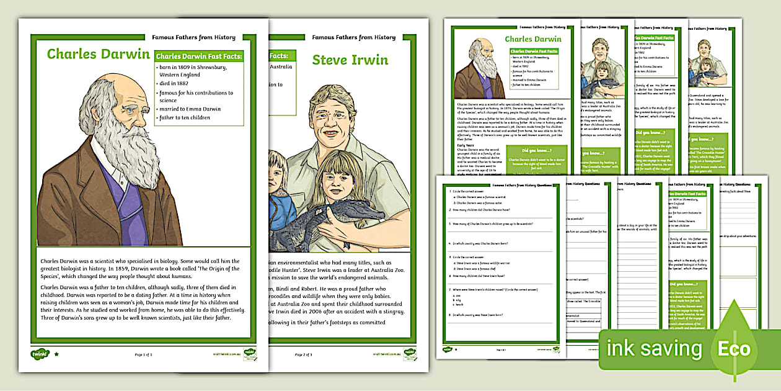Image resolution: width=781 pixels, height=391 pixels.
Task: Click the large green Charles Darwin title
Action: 98,53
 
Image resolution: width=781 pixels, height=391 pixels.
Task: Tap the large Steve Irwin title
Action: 350,60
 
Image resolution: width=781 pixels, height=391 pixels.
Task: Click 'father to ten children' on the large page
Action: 185,117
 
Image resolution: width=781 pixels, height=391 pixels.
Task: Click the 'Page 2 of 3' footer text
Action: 303,354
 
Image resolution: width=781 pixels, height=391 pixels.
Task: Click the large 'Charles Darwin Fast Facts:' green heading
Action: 199,56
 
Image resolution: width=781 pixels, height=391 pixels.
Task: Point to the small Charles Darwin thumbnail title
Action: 533,38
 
